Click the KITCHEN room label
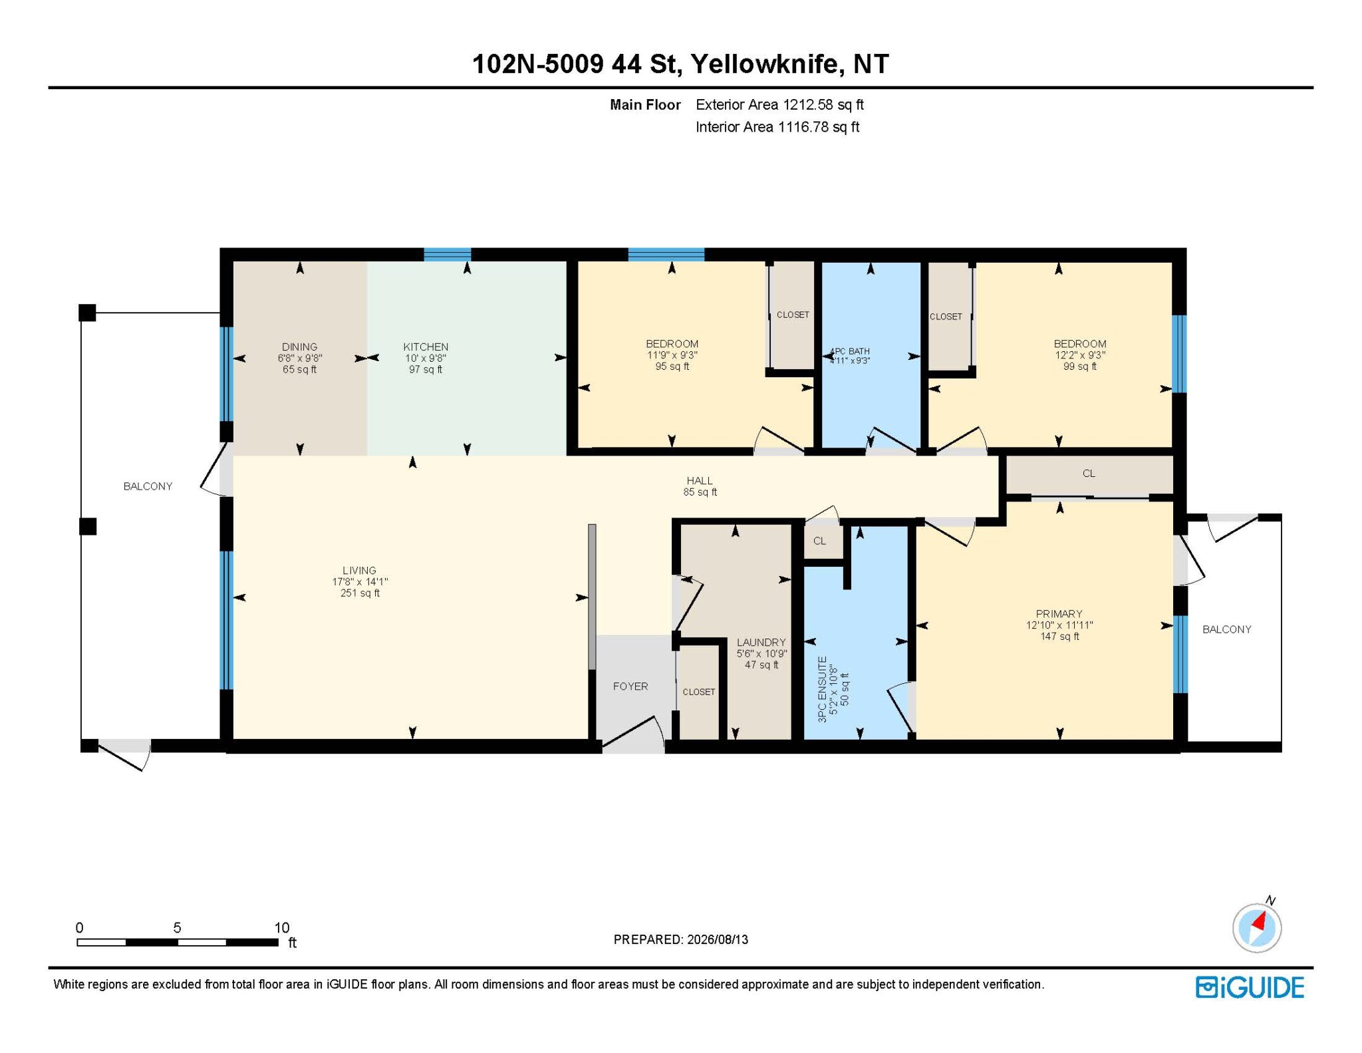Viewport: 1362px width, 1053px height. pos(426,347)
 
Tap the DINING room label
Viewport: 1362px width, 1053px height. pos(299,347)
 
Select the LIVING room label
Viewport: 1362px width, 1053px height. pos(359,570)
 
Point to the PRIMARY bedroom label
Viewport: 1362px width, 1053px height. pos(1059,613)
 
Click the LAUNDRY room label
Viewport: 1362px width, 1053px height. pos(761,642)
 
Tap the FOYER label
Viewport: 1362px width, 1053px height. pos(630,686)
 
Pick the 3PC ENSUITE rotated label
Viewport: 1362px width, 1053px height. pos(823,689)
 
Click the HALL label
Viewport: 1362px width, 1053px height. pos(700,480)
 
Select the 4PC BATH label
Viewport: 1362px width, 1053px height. pos(850,351)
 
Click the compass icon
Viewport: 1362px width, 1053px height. pos(1256,927)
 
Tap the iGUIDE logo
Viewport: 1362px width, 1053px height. pos(1250,987)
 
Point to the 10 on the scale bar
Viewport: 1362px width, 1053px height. pos(282,927)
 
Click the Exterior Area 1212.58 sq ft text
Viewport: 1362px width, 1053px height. pos(779,104)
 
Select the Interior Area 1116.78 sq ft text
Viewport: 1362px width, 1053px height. pos(777,127)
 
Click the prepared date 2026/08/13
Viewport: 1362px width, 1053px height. pos(718,939)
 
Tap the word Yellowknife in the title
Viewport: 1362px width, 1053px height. pos(764,64)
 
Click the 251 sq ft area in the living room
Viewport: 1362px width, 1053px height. pos(360,593)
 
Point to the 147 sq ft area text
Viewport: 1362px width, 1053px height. pos(1059,636)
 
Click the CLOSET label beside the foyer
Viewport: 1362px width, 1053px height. pos(699,692)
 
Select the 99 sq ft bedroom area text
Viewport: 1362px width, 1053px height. pos(1079,366)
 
